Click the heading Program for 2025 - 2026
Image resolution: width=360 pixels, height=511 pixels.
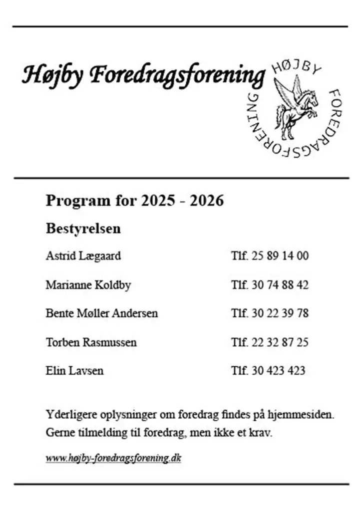tap(134, 201)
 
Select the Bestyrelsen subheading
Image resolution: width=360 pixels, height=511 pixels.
tap(83, 229)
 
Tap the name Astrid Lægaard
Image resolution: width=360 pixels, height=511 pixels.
tap(83, 256)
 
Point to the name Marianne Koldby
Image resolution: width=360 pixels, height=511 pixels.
tap(88, 285)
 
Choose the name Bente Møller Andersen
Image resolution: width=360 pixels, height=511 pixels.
tap(101, 314)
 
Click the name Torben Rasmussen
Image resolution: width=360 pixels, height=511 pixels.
tap(91, 343)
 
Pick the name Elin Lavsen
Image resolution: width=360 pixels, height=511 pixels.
tap(74, 371)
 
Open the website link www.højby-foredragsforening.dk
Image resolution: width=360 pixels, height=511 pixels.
tap(113, 458)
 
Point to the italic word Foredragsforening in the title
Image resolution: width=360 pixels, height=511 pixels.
tap(177, 76)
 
